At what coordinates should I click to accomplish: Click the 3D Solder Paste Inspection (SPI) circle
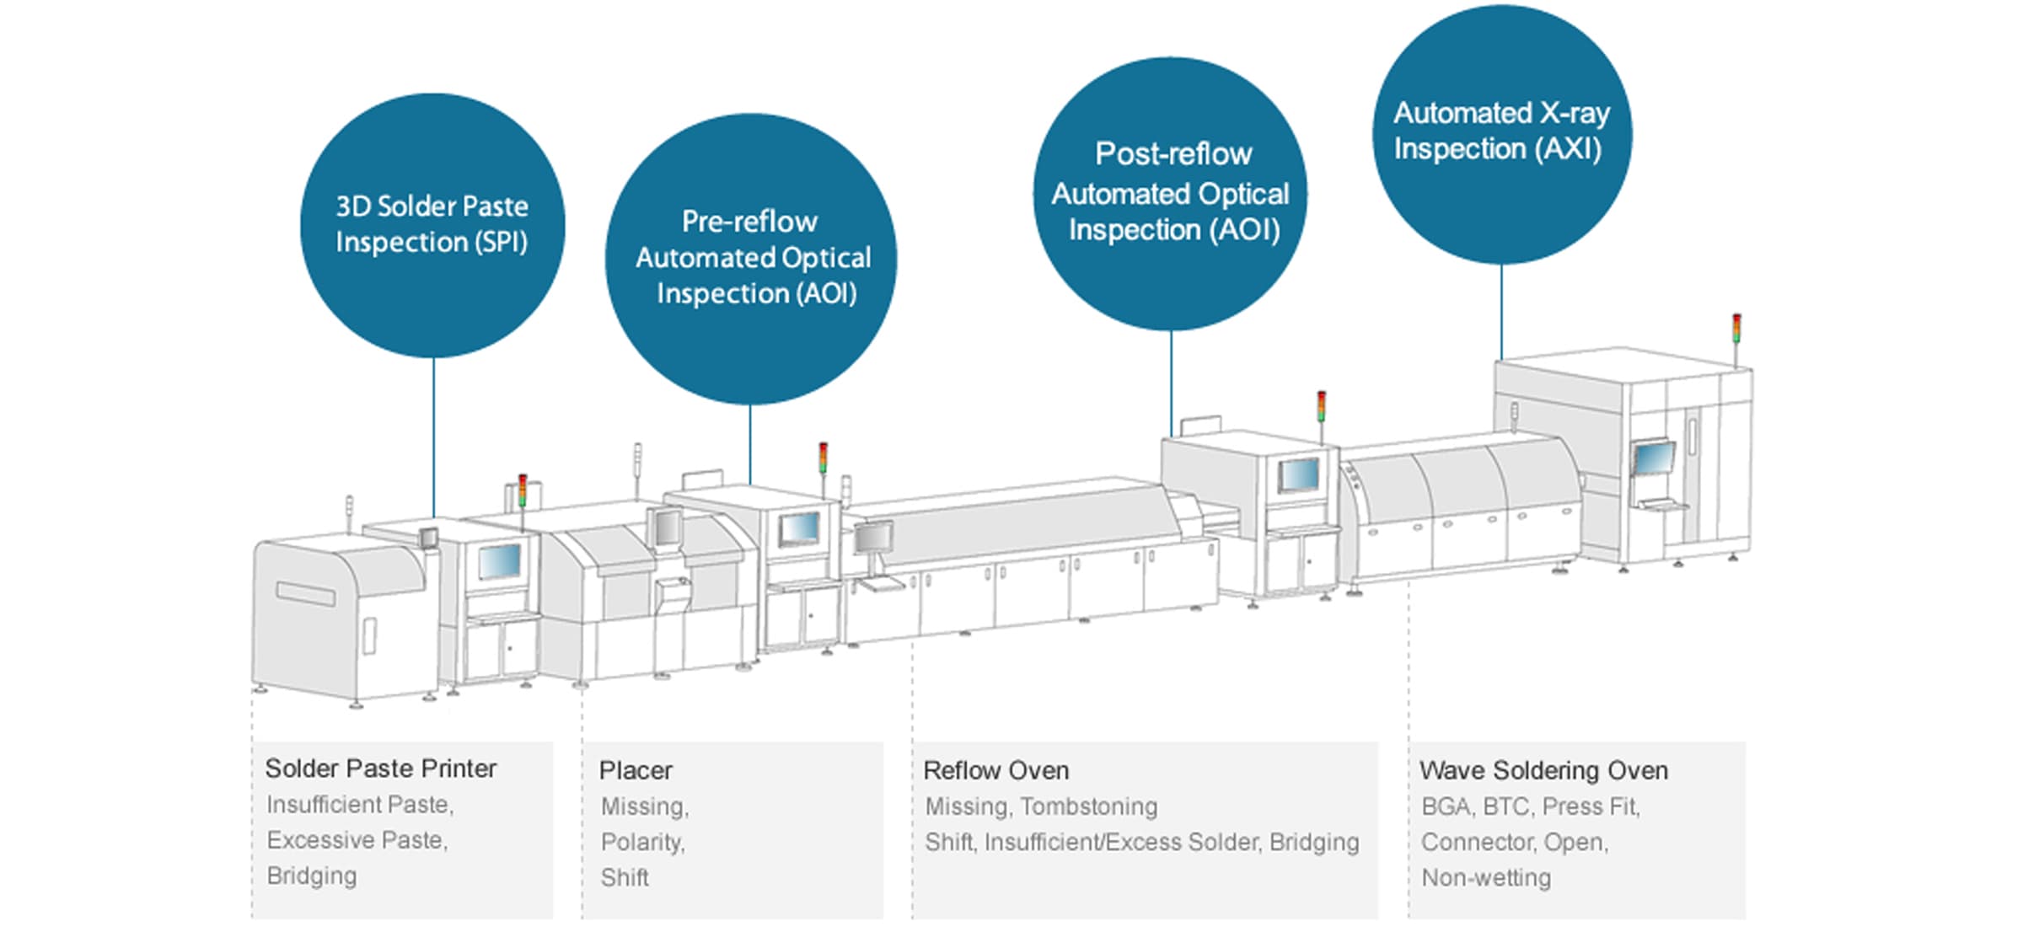click(432, 225)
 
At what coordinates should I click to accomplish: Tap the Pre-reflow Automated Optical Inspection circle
click(751, 259)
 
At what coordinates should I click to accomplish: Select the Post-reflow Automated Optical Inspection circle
click(1171, 194)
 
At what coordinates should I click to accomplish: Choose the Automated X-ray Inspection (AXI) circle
click(1502, 134)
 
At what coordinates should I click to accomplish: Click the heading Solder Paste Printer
click(381, 769)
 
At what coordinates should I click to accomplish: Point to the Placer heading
click(636, 770)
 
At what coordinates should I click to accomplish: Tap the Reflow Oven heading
click(996, 770)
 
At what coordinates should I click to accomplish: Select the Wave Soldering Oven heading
click(1544, 770)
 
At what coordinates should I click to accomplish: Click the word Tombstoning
click(1089, 806)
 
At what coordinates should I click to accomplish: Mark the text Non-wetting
click(1486, 878)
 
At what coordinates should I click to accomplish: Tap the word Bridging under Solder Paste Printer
click(312, 876)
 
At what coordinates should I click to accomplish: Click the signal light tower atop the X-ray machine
click(1736, 329)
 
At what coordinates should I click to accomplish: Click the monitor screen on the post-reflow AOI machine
click(1299, 475)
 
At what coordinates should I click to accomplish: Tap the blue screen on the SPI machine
click(500, 560)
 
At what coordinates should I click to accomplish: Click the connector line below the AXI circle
click(1501, 312)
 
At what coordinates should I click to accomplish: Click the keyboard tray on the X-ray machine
click(1662, 505)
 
